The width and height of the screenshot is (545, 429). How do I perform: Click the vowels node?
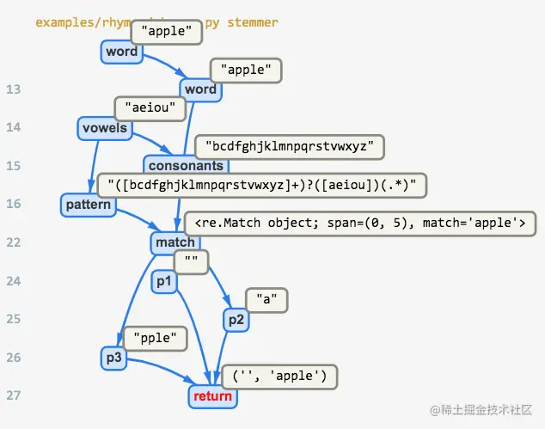tap(104, 128)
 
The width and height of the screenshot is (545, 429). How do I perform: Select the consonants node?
tap(186, 165)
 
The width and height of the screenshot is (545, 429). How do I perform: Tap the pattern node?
tap(89, 205)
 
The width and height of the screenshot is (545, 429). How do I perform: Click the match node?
tap(175, 242)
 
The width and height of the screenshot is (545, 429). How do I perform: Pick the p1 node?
tap(162, 281)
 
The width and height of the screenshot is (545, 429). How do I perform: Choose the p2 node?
tap(236, 320)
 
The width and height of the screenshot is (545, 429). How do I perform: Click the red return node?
tap(212, 395)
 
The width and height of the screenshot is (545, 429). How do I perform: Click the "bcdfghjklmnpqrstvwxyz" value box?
tap(289, 146)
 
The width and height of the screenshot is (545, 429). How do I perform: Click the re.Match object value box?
tap(359, 224)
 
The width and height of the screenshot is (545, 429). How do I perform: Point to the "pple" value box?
tap(156, 339)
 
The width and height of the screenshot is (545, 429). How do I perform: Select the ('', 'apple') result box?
tap(279, 376)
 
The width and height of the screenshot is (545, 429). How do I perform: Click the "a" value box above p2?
tap(267, 300)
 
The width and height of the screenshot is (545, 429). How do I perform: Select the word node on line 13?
tap(200, 89)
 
